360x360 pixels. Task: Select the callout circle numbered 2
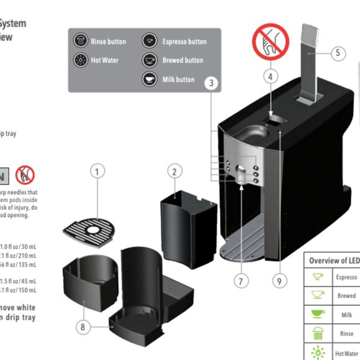[176, 172]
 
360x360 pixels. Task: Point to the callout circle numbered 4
[269, 77]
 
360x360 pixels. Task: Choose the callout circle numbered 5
[337, 53]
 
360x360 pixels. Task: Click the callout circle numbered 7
[241, 281]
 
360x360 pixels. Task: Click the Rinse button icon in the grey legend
[81, 42]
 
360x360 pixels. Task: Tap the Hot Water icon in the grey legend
[81, 60]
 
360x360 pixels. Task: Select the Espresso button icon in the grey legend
[149, 42]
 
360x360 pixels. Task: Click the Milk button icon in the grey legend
[149, 79]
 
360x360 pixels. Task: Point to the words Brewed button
[182, 60]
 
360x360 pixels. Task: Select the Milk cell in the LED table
[346, 315]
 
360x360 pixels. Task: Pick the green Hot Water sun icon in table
[318, 353]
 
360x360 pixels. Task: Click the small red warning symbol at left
[25, 174]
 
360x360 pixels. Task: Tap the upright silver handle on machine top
[308, 62]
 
